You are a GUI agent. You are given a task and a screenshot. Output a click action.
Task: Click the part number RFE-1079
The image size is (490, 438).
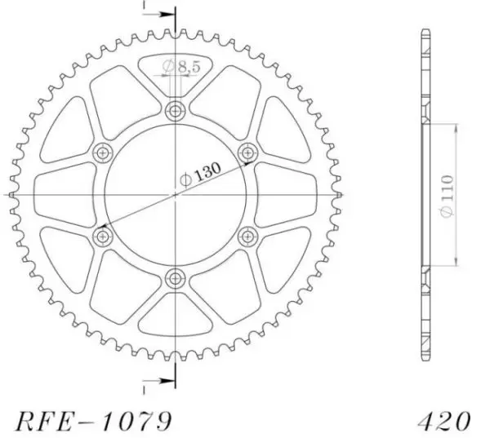[94, 422]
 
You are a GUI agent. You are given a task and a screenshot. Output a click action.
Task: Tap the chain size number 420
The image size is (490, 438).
[444, 422]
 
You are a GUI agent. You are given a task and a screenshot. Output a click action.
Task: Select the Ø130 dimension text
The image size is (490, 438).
[201, 174]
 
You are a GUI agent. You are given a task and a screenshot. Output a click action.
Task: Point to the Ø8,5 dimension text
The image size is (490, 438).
[181, 66]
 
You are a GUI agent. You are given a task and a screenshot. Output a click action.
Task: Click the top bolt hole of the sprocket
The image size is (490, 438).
[176, 110]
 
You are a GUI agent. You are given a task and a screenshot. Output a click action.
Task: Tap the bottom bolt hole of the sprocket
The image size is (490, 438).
[176, 278]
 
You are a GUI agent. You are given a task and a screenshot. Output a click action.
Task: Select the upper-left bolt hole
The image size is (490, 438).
[103, 153]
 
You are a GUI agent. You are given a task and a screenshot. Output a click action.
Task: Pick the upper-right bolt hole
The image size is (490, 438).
[248, 153]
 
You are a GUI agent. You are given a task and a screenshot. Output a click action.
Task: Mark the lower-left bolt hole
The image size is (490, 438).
[103, 237]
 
